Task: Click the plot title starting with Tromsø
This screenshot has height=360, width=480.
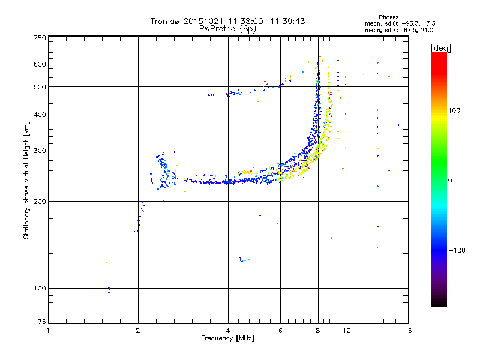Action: click(x=227, y=21)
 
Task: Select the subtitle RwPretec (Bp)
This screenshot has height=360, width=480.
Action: click(x=227, y=28)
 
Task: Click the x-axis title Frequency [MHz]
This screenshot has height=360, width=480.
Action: click(x=227, y=338)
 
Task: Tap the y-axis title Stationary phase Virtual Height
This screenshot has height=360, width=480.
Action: click(x=26, y=179)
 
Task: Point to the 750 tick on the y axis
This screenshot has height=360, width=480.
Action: click(x=40, y=38)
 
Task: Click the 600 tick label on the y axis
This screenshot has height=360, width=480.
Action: click(x=40, y=64)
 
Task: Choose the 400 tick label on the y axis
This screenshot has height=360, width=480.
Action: click(x=40, y=115)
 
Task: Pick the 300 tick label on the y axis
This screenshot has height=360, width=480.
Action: click(x=40, y=151)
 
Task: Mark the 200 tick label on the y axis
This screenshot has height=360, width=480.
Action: click(x=40, y=201)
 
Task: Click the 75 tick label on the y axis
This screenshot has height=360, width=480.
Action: click(x=41, y=323)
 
